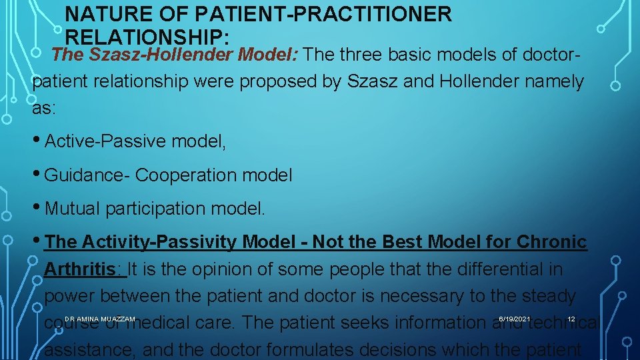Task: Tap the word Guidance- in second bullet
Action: [x=87, y=175]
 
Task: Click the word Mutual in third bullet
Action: [x=71, y=209]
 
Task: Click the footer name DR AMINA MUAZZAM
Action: [x=100, y=319]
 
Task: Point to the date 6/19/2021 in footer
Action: [x=514, y=319]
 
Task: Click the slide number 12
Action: [x=571, y=319]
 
